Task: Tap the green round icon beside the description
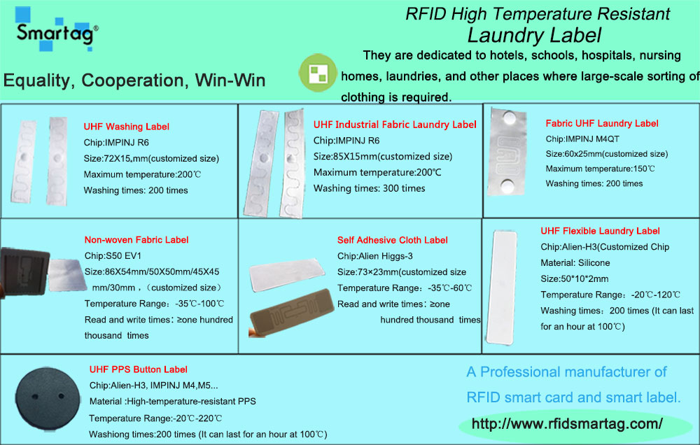coord(318,73)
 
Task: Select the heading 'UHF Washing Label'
coord(126,127)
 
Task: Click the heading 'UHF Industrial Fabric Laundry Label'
coord(395,125)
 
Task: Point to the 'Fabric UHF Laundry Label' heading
coord(602,124)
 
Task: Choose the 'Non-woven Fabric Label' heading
coord(136,240)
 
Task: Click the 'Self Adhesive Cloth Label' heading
coord(393,240)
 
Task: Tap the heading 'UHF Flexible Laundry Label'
coord(600,231)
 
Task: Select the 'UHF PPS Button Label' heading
coord(138,369)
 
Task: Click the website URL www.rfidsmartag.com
coord(567,423)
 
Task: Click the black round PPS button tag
coord(48,399)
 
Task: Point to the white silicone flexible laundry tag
coord(502,288)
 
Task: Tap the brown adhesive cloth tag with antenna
coord(292,313)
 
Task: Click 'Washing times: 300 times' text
coord(369,188)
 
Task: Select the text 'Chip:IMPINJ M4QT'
coord(582,139)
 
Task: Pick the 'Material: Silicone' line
coord(575,263)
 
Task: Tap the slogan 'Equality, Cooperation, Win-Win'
coord(134,80)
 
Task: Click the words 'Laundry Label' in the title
coord(534,36)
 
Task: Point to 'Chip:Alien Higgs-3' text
coord(374,256)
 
